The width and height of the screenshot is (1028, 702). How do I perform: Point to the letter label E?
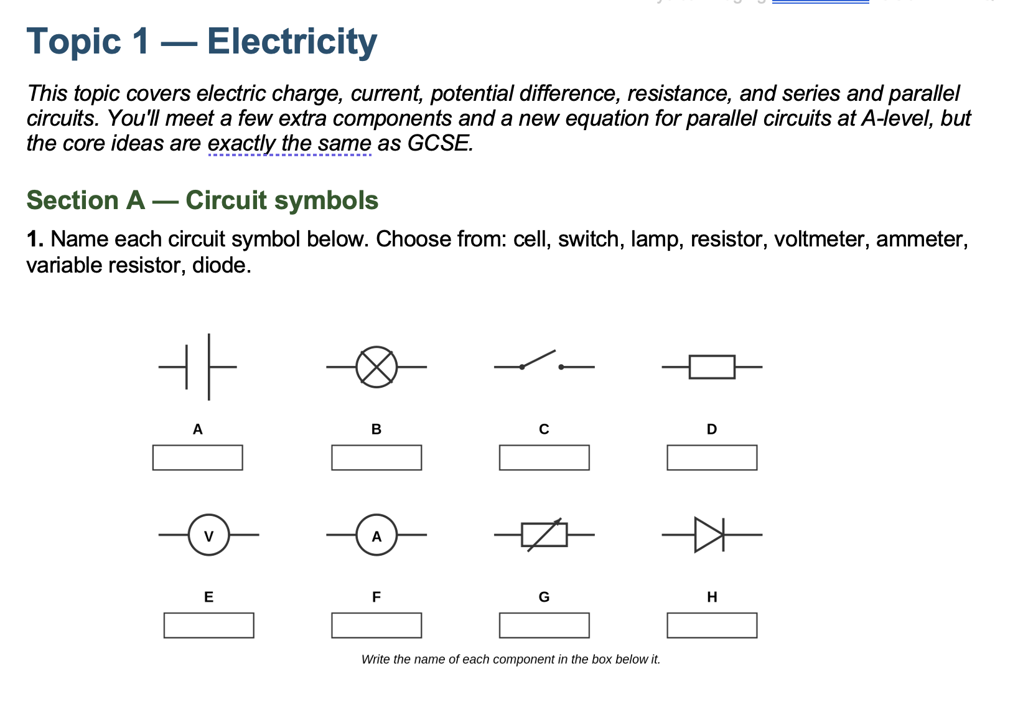209,597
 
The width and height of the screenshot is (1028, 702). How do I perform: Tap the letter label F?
376,597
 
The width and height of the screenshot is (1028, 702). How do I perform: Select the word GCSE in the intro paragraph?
440,143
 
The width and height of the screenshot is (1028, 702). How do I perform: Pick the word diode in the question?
222,265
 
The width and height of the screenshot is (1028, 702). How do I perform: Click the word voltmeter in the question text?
821,239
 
